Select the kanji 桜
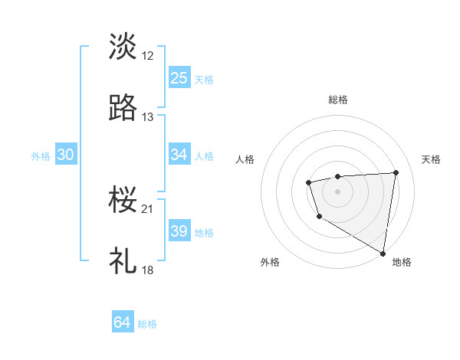click(123, 199)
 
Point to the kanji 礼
click(123, 261)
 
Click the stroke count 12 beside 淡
click(148, 55)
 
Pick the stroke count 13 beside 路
click(148, 117)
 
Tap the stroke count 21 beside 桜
click(148, 208)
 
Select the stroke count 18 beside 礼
click(148, 270)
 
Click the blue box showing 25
click(179, 77)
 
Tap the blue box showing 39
click(179, 231)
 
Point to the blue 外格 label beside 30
click(41, 155)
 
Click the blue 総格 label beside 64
click(147, 324)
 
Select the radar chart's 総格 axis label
click(338, 100)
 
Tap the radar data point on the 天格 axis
click(396, 172)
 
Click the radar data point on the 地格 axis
click(383, 253)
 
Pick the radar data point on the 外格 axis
click(318, 217)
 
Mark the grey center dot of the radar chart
click(338, 190)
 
